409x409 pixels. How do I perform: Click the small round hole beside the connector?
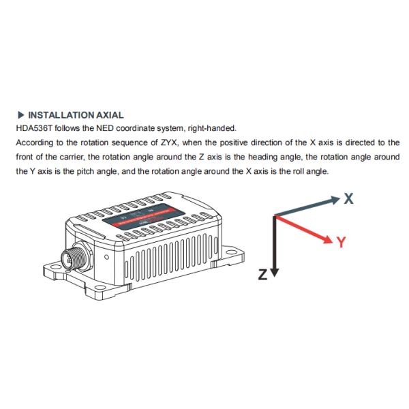(x=107, y=258)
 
